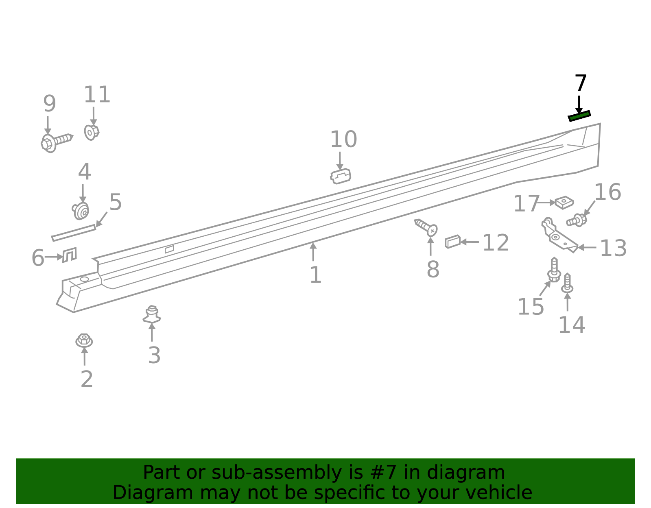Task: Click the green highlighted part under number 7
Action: point(579,116)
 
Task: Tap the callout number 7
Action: point(581,83)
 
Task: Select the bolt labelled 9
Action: point(56,143)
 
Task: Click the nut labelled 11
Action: point(92,132)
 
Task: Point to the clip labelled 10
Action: point(341,177)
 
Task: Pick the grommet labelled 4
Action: point(81,211)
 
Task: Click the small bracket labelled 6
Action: point(70,255)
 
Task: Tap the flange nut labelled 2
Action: point(84,341)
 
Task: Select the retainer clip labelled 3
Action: point(152,315)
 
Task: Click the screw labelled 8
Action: point(426,228)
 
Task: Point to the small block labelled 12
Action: point(452,242)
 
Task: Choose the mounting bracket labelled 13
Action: point(559,236)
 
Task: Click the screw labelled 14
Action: point(567,283)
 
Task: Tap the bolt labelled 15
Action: point(554,270)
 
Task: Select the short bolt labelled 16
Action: point(577,220)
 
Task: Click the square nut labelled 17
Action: point(564,203)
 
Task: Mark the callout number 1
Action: point(315,275)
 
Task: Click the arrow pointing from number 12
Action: point(470,242)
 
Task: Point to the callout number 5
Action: point(116,202)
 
